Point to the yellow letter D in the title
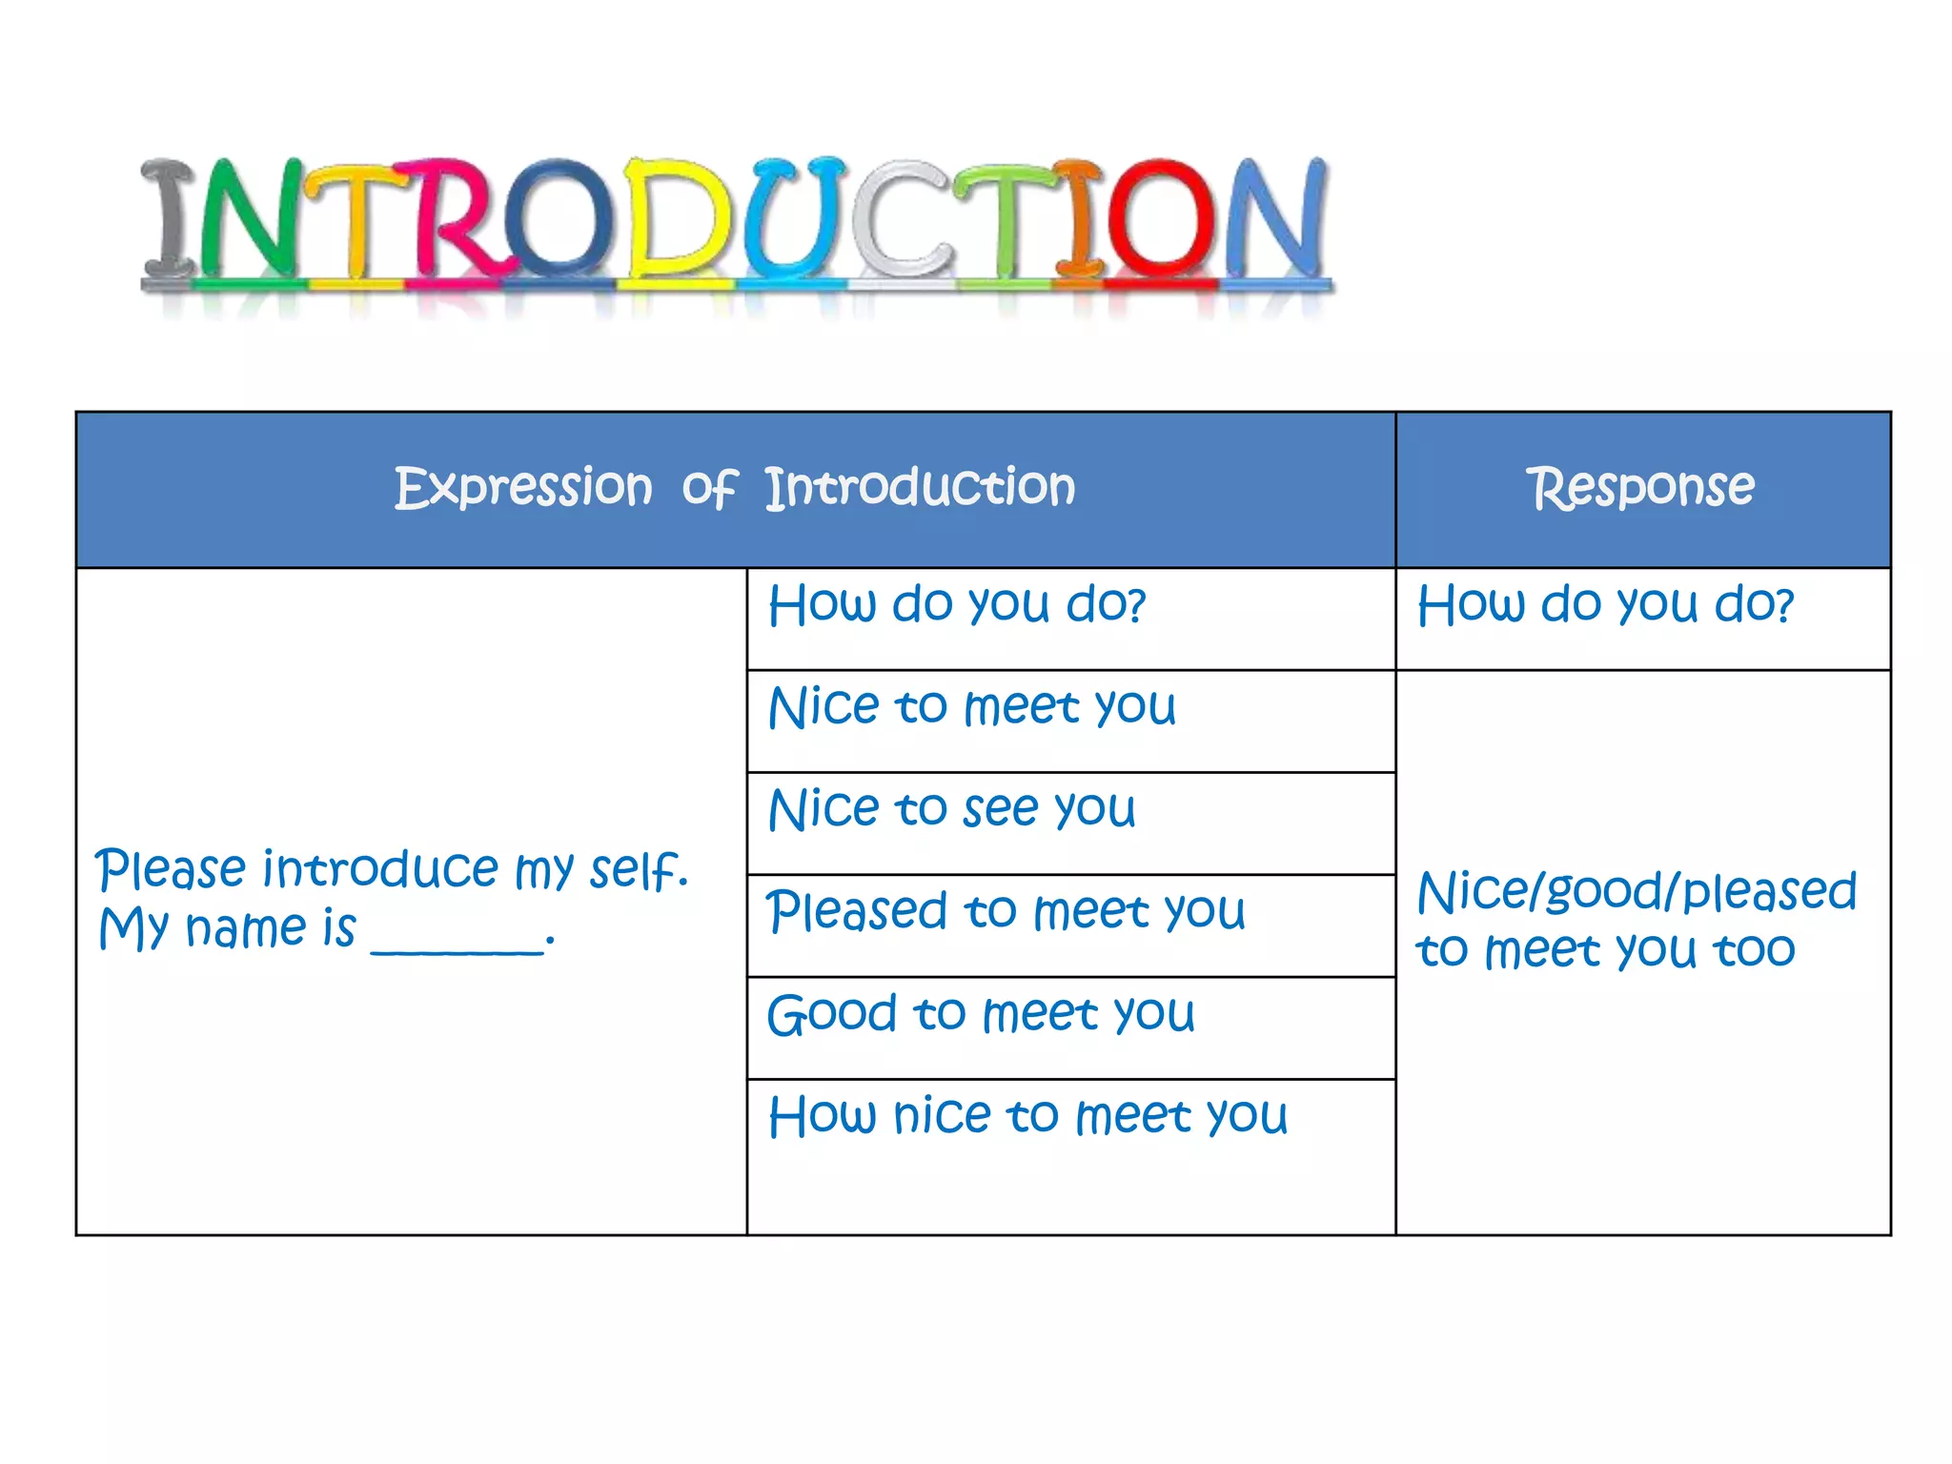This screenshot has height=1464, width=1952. coord(679,219)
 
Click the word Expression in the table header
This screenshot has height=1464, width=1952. coord(523,488)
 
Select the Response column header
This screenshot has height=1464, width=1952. coord(1641,488)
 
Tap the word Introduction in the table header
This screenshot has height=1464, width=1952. coord(920,488)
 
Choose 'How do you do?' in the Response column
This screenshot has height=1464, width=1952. coord(1605,605)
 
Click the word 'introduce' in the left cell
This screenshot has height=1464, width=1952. coord(381,869)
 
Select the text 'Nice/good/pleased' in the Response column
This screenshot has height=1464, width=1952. coord(1637,893)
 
